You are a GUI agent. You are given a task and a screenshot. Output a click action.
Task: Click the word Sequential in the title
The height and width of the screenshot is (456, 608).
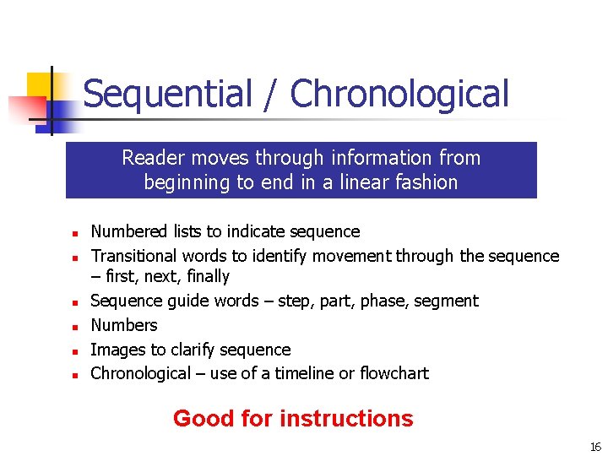(x=168, y=95)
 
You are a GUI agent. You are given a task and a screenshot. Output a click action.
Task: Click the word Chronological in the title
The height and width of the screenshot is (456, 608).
(x=399, y=95)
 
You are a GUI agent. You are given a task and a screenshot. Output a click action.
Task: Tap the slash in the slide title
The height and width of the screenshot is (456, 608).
(x=271, y=95)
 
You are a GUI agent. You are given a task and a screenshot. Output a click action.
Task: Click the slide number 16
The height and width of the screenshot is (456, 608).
(x=595, y=447)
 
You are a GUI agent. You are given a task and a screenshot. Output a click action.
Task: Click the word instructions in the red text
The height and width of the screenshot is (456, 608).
(x=346, y=418)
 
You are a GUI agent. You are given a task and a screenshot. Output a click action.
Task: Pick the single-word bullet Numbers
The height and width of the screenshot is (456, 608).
(x=124, y=325)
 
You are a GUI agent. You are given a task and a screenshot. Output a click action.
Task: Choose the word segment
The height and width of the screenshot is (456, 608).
(x=445, y=301)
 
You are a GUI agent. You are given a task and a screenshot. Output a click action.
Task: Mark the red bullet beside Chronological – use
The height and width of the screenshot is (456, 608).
(x=74, y=375)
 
